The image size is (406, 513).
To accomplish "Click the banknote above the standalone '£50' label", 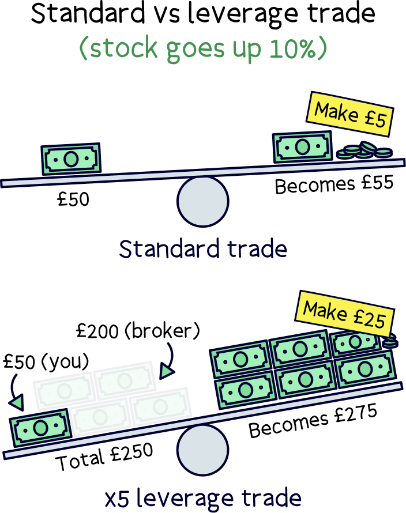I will (70, 159).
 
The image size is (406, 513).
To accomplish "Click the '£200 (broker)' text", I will (138, 333).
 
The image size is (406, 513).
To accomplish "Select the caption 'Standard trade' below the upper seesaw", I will (202, 250).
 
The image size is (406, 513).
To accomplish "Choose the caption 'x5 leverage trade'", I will (202, 497).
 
